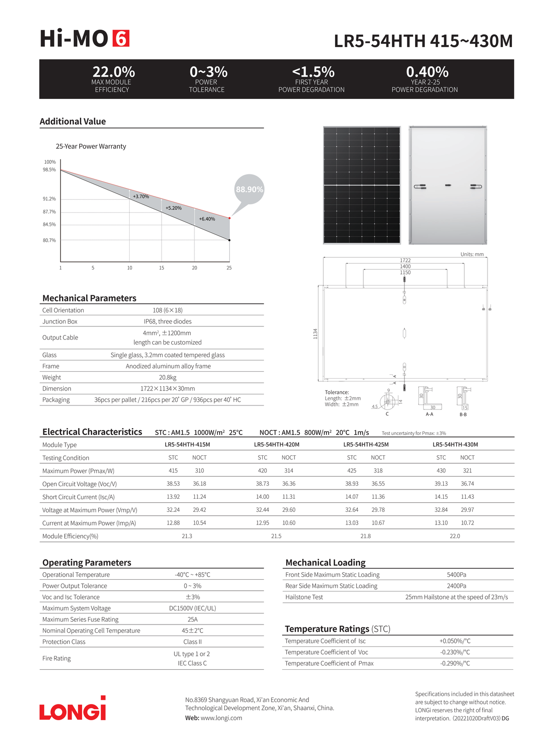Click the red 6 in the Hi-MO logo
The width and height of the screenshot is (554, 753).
tap(121, 39)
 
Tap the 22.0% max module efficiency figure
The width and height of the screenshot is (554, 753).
tap(114, 72)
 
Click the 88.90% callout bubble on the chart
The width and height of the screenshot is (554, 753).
tap(249, 189)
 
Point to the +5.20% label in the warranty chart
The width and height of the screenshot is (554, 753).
tap(174, 208)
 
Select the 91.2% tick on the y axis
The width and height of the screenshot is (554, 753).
tap(49, 199)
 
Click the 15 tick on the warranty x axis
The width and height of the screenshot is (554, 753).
tap(162, 268)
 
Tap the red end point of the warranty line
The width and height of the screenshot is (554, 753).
tap(229, 218)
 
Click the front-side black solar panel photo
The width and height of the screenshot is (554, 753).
tap(361, 185)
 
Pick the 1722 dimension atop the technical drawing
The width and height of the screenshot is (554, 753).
tap(405, 260)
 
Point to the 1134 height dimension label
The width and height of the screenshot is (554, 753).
tap(315, 333)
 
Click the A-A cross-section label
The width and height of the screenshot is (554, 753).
tap(429, 414)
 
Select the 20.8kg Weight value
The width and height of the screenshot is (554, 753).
tap(168, 377)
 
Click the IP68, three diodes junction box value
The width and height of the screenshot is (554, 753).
tap(168, 321)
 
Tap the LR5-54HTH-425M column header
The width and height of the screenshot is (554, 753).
tap(366, 444)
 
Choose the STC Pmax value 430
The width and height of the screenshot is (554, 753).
tap(441, 471)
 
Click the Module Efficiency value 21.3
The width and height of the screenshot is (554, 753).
tap(187, 536)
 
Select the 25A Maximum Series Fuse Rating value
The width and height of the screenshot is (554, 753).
tap(193, 619)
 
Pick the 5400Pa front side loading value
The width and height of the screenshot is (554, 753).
tap(456, 575)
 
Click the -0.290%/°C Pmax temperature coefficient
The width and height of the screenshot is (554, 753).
tap(455, 663)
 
